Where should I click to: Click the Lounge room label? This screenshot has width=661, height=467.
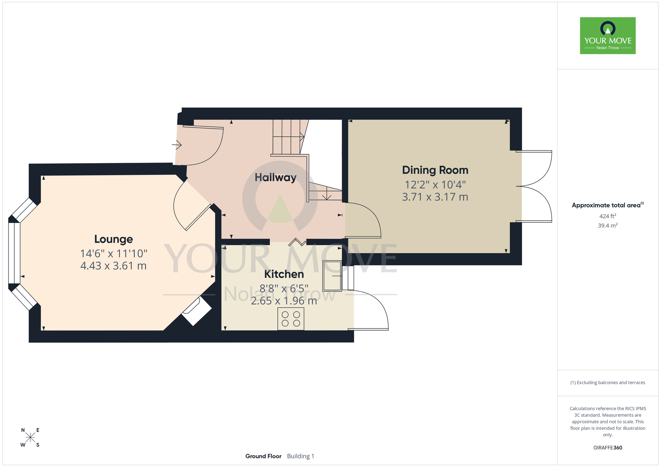pyautogui.click(x=114, y=239)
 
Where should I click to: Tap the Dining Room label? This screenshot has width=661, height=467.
pyautogui.click(x=435, y=170)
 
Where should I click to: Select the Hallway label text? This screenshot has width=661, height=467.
pyautogui.click(x=276, y=178)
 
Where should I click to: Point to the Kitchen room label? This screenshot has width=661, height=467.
pyautogui.click(x=284, y=274)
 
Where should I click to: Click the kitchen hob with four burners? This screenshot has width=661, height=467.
pyautogui.click(x=291, y=319)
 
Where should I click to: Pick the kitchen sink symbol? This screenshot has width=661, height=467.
pyautogui.click(x=332, y=276)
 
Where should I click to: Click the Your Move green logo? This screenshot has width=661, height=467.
pyautogui.click(x=608, y=36)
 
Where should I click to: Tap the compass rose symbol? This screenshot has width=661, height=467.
pyautogui.click(x=30, y=438)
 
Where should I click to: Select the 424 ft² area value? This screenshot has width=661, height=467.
pyautogui.click(x=608, y=216)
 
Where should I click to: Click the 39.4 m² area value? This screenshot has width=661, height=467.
pyautogui.click(x=608, y=226)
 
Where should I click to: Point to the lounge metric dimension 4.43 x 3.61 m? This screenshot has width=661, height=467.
pyautogui.click(x=113, y=266)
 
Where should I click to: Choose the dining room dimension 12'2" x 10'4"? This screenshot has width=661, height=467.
pyautogui.click(x=435, y=184)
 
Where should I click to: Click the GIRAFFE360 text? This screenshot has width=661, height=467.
pyautogui.click(x=608, y=448)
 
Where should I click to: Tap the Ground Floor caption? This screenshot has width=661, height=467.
pyautogui.click(x=263, y=456)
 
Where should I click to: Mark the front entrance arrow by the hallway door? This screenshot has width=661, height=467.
pyautogui.click(x=177, y=145)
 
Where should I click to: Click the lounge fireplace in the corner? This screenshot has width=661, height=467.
pyautogui.click(x=197, y=311)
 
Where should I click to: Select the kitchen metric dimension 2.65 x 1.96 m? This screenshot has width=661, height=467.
pyautogui.click(x=284, y=301)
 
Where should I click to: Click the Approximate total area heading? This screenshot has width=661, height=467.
pyautogui.click(x=608, y=205)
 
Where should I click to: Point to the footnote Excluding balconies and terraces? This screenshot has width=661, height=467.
pyautogui.click(x=608, y=382)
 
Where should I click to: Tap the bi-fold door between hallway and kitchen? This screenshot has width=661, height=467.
pyautogui.click(x=297, y=242)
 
